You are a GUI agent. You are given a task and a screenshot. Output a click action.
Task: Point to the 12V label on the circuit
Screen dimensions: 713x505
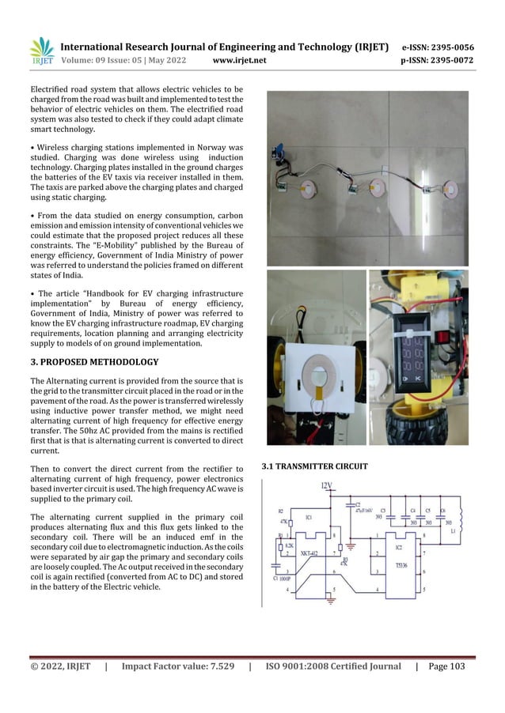(x=326, y=484)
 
